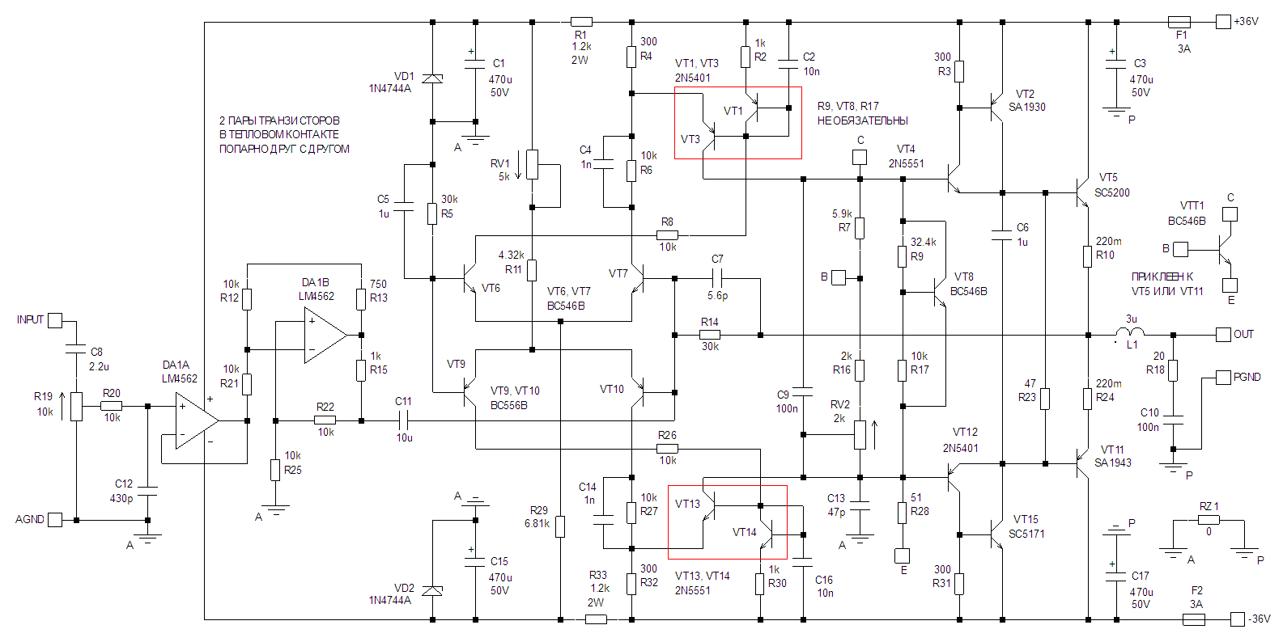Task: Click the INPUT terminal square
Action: click(x=55, y=320)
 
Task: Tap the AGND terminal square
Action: click(x=55, y=520)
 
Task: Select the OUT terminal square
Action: click(x=1223, y=334)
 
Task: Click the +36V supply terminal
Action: click(x=1223, y=22)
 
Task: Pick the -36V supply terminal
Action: click(x=1237, y=619)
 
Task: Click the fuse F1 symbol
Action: click(x=1179, y=22)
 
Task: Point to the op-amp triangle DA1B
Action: click(x=325, y=335)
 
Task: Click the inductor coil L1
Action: click(x=1130, y=332)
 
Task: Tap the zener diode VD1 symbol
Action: click(x=433, y=78)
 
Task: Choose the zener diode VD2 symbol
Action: click(x=433, y=590)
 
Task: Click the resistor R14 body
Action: click(x=710, y=335)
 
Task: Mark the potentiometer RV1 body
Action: click(x=532, y=164)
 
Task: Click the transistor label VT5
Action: click(x=1107, y=177)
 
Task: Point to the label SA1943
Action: click(x=1112, y=462)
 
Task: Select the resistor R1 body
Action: click(x=581, y=22)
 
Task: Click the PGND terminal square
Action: click(x=1223, y=378)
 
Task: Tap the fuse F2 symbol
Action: click(x=1194, y=619)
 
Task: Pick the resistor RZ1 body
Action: click(x=1209, y=520)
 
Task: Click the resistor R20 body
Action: click(x=112, y=406)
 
